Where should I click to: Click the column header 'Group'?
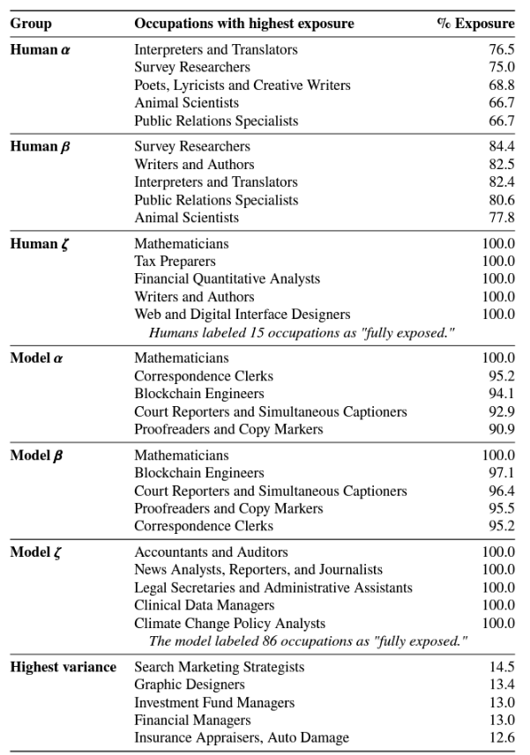click(30, 24)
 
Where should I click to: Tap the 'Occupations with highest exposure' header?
click(243, 24)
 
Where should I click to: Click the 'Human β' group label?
click(41, 146)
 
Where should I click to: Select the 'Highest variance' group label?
click(63, 667)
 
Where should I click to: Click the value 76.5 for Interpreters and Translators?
click(501, 49)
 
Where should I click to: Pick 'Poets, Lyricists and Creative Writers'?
click(243, 85)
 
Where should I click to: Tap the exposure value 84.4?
click(501, 146)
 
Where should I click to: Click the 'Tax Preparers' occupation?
click(175, 261)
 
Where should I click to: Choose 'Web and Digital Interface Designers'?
click(243, 314)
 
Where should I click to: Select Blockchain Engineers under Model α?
click(198, 393)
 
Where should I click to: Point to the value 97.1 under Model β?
click(501, 473)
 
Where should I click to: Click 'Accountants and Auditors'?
click(211, 552)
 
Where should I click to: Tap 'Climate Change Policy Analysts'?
click(230, 623)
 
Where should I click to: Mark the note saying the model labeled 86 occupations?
click(308, 640)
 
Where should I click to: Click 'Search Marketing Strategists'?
click(220, 667)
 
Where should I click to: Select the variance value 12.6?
click(501, 737)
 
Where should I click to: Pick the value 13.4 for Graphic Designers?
click(501, 685)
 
